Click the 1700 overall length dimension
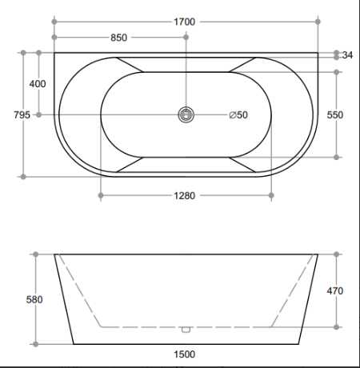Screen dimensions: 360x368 click(184, 22)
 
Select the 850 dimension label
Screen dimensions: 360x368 click(118, 38)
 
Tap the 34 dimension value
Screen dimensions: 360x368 click(347, 55)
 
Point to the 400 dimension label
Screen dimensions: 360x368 click(38, 84)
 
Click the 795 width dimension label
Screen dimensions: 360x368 click(22, 115)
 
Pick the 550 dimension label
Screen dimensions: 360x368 click(335, 115)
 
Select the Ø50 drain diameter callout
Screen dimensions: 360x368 click(238, 115)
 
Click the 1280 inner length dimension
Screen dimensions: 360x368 click(184, 196)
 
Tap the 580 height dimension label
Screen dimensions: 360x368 click(34, 300)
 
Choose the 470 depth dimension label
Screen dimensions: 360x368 click(335, 290)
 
